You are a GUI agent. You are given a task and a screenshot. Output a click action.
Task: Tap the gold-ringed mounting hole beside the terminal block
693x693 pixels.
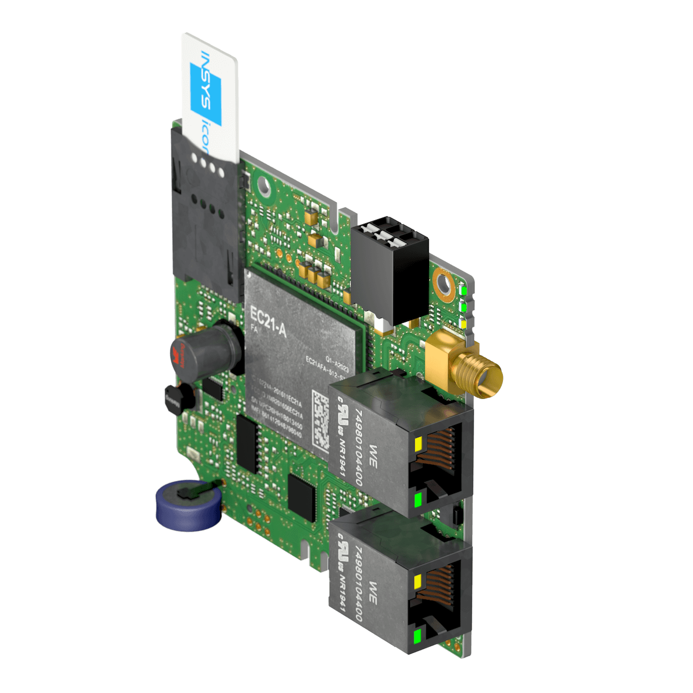coord(445,283)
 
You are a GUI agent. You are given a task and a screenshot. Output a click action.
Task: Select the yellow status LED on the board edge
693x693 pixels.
coord(464,323)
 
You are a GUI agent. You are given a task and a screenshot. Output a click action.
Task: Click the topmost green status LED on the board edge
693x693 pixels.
coord(464,291)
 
